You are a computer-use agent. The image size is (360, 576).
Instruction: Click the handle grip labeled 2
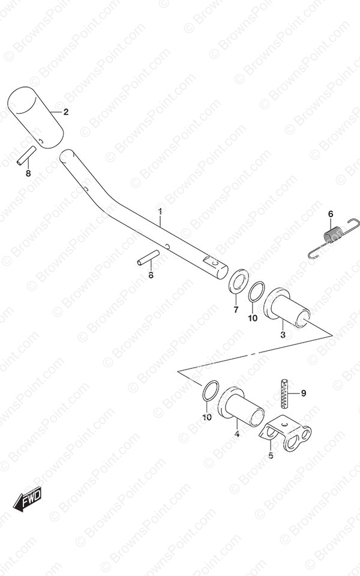point(35,118)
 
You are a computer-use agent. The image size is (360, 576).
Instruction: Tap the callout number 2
point(66,112)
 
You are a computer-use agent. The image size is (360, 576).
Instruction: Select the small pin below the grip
point(26,156)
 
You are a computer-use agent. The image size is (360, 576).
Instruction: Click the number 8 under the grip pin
point(28,173)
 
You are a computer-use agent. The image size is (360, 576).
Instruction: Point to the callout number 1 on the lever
point(160,211)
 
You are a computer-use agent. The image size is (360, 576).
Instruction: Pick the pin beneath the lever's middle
point(148,257)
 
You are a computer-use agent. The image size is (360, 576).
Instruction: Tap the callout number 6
point(331,214)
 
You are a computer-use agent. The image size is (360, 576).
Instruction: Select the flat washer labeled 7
point(238,281)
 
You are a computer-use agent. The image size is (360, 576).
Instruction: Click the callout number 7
point(236,310)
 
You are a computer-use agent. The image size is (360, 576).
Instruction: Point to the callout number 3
point(283,335)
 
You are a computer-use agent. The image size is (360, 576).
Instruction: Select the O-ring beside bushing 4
point(211,391)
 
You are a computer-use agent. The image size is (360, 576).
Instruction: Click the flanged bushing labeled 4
point(241,407)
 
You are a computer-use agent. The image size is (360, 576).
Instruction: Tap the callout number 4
point(237,434)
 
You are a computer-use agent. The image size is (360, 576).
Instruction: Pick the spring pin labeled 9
point(285,394)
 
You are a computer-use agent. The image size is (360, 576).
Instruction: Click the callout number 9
point(304,394)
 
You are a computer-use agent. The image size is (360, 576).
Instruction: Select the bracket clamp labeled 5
point(286,433)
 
